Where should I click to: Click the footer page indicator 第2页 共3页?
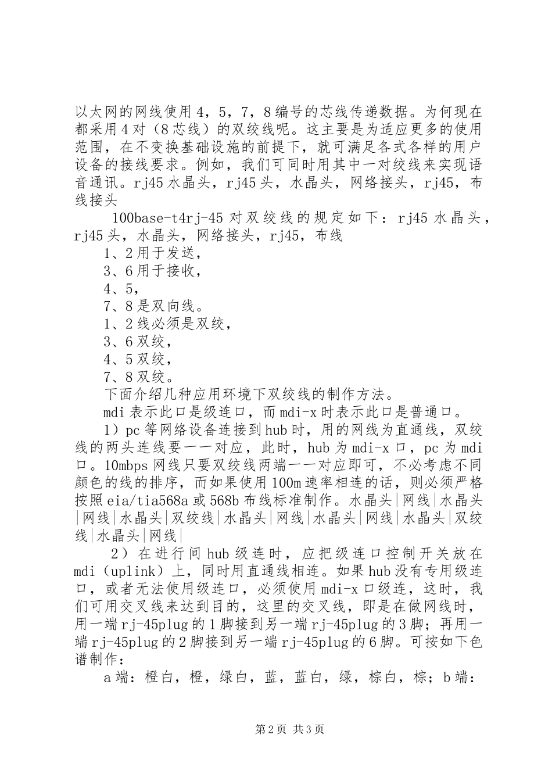pos(290,730)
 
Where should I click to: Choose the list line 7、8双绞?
pos(138,377)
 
